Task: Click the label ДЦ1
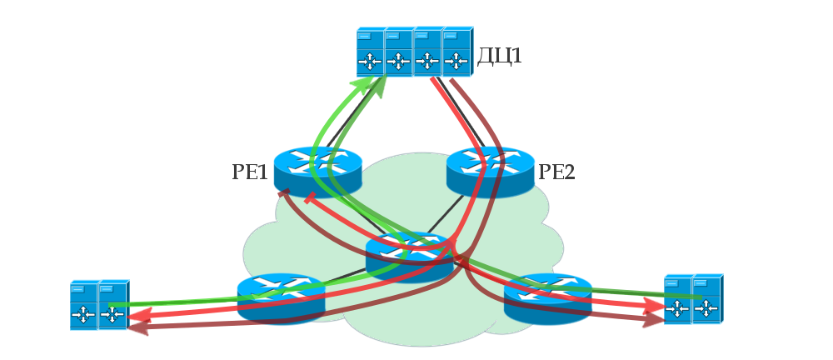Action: click(499, 56)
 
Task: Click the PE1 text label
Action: click(250, 173)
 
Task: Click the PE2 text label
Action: click(556, 173)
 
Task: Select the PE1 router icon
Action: click(317, 171)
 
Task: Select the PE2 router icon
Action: click(490, 171)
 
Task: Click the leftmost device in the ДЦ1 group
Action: click(370, 52)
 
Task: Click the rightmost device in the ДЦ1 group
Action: click(456, 52)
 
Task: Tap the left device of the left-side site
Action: click(83, 306)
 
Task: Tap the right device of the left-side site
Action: click(112, 306)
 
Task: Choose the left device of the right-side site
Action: click(677, 299)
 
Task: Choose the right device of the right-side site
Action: click(706, 299)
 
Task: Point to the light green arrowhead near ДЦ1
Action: click(364, 83)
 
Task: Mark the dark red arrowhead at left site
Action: click(135, 327)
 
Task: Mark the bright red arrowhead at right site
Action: click(657, 307)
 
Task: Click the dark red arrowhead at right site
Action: click(655, 320)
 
